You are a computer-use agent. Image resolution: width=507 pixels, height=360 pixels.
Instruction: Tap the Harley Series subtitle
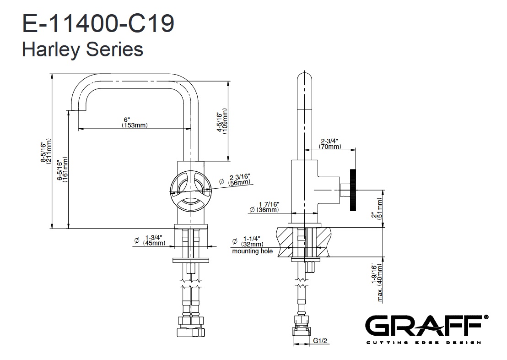pos(82,49)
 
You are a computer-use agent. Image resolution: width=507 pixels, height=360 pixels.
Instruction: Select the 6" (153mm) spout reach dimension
pos(135,122)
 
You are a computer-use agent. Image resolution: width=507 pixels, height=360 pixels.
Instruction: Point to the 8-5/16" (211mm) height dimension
pos(46,152)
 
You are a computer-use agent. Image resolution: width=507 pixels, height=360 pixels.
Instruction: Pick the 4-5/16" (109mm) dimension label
pos(222,121)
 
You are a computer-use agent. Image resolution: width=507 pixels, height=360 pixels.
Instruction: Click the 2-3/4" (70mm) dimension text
pos(330,144)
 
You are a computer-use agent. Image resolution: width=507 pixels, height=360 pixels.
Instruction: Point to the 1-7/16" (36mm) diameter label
pos(264,207)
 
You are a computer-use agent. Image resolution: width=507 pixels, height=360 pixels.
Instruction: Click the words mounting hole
pos(252,251)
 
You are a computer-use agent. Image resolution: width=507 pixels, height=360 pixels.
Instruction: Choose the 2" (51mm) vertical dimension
pos(377,208)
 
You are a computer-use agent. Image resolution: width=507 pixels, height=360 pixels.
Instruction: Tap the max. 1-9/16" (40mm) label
pos(377,283)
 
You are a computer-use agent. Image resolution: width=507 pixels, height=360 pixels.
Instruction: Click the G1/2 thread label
pos(320,341)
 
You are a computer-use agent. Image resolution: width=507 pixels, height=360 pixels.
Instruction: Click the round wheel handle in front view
pos(191,191)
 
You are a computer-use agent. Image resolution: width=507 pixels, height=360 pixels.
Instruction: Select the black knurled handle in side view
pos(353,190)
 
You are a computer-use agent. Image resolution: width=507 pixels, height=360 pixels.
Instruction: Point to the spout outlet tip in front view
pos(78,109)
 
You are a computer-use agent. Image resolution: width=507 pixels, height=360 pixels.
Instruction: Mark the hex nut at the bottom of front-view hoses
pos(191,332)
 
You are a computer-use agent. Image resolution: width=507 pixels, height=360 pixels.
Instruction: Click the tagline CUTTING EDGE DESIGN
pos(424,343)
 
